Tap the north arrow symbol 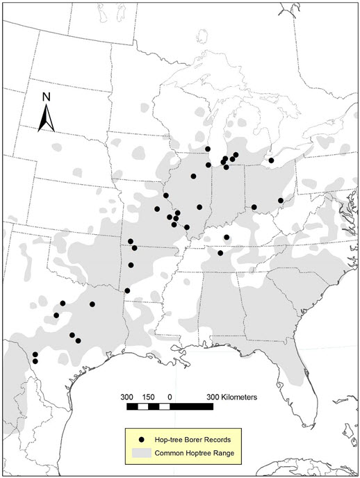pos(46,118)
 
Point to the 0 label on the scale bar pos(170,397)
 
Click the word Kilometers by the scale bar pos(236,397)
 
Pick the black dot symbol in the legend pos(142,440)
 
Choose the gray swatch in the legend pos(142,453)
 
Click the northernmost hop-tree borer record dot pos(208,149)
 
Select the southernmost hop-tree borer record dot pos(35,361)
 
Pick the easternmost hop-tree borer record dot pos(281,200)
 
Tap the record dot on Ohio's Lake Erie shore pos(271,160)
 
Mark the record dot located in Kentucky pos(227,238)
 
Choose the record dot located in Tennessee pos(220,253)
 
